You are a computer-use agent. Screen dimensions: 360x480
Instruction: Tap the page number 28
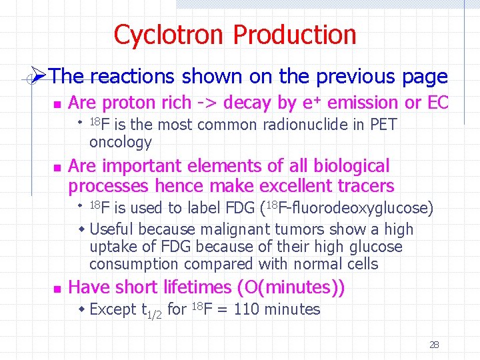pos(434,345)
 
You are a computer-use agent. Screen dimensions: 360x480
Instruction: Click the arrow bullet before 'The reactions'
pos(38,77)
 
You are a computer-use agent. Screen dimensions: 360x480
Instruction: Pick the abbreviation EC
pos(437,103)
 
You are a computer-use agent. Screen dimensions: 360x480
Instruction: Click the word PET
pos(383,125)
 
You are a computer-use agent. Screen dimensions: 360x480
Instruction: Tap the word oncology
pos(120,142)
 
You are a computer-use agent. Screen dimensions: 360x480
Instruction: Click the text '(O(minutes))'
pos(291,287)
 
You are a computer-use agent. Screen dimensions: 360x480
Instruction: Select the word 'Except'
pos(112,309)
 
